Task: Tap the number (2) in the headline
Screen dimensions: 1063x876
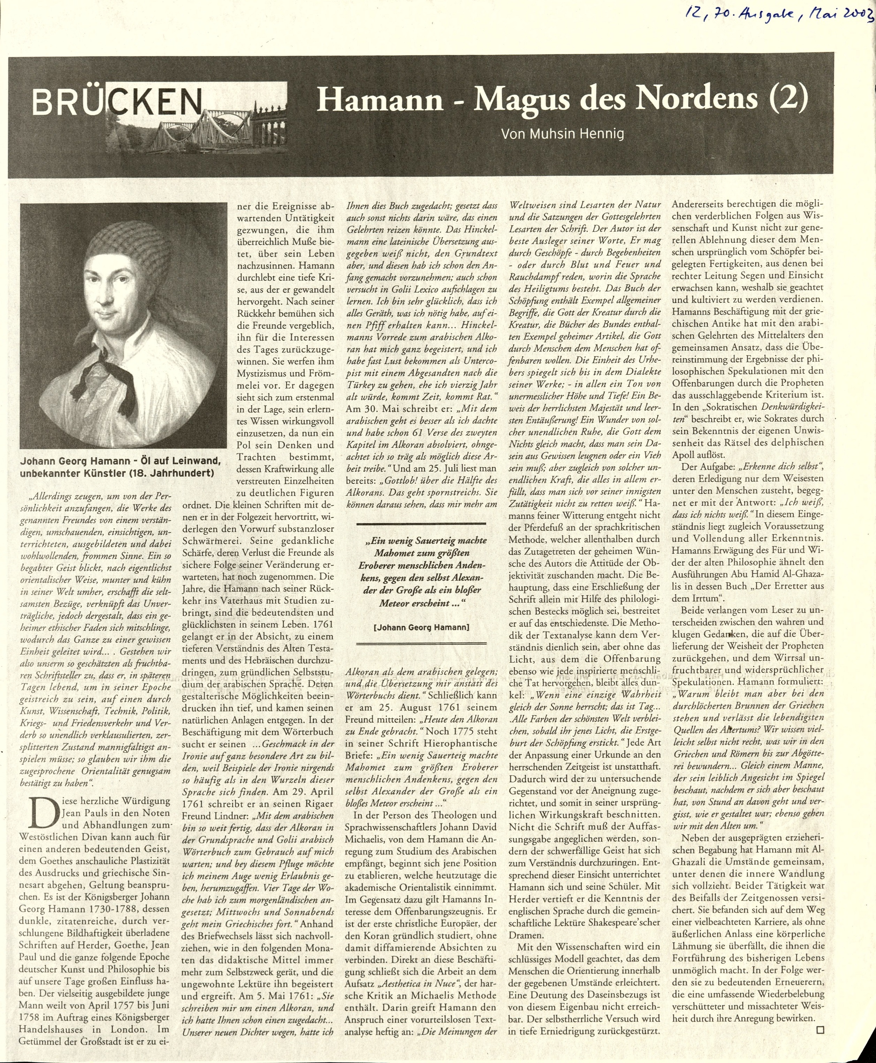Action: click(784, 98)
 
